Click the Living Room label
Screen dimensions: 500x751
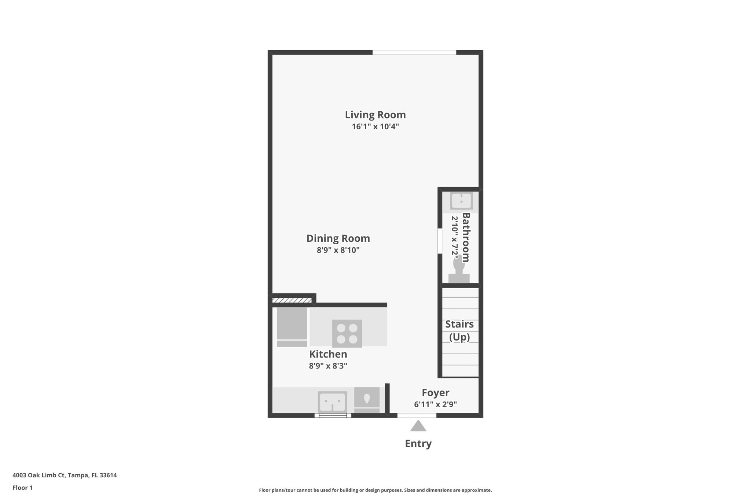tap(375, 115)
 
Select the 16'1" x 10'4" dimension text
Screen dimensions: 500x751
tap(375, 127)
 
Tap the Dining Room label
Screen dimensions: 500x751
tap(338, 238)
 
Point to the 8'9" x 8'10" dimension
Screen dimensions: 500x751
tap(338, 250)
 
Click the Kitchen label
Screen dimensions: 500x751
tap(328, 354)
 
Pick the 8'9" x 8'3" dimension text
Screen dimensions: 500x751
tap(328, 366)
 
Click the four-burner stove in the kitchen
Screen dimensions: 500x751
tap(347, 333)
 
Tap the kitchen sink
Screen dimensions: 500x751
tap(332, 402)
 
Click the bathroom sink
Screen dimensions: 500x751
tap(461, 201)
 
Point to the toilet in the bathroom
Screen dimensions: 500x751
tap(459, 269)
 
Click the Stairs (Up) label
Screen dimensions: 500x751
tap(459, 330)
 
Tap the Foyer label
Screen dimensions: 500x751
tap(435, 393)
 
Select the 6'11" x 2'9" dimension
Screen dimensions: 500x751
tap(435, 404)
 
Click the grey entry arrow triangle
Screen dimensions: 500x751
tap(418, 426)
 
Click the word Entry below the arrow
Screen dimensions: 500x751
tap(418, 444)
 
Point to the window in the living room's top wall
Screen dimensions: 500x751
tap(414, 52)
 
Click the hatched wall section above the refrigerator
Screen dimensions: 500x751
tap(292, 300)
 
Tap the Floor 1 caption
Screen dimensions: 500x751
tap(22, 488)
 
